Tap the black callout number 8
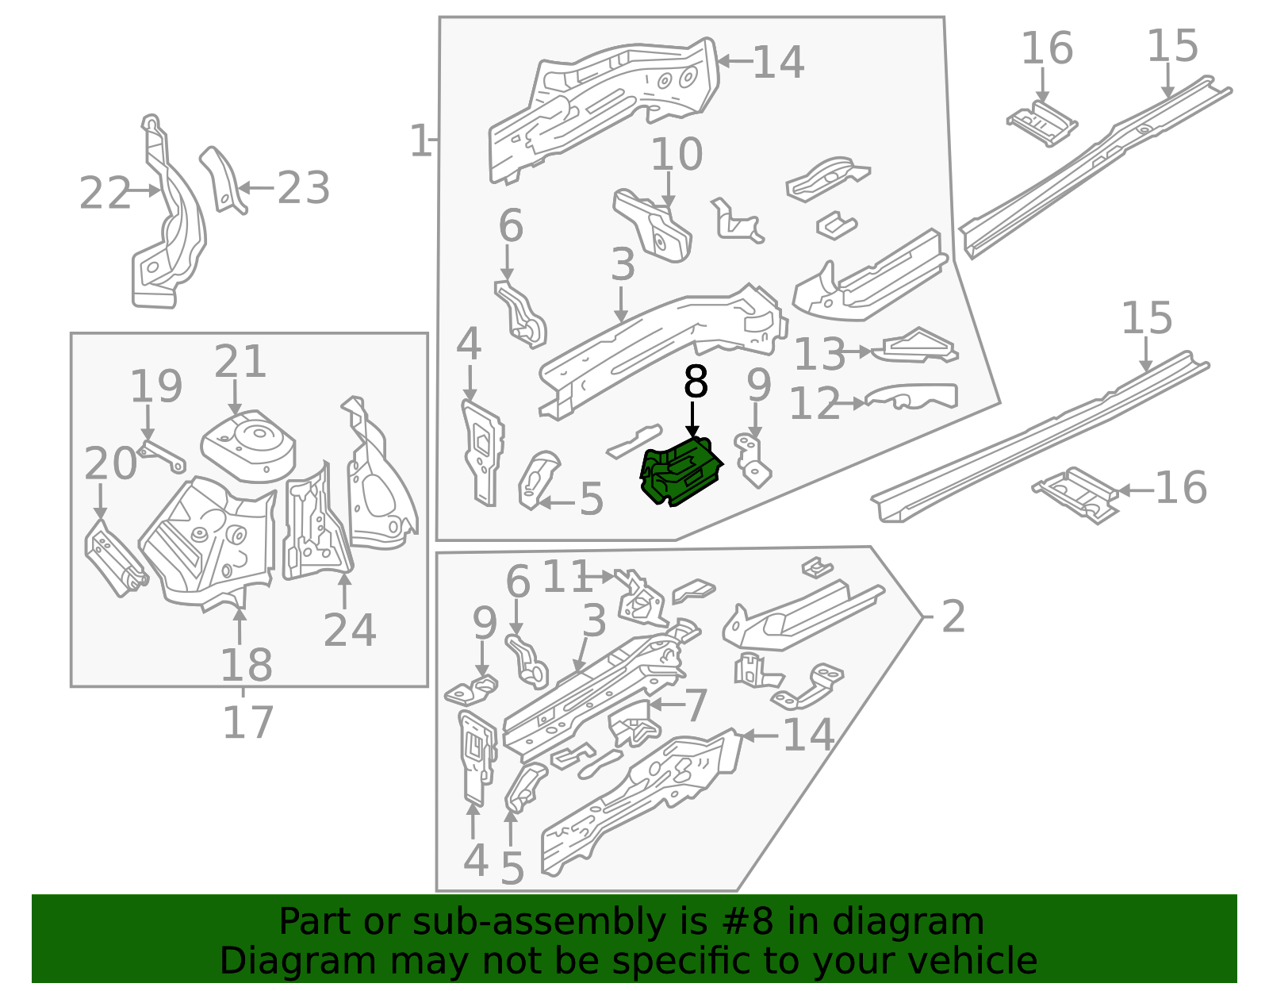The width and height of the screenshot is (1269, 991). [x=695, y=382]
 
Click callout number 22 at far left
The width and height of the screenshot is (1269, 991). [x=105, y=194]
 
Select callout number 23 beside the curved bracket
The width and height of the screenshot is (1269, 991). [x=304, y=189]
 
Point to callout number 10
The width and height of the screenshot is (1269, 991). [x=677, y=155]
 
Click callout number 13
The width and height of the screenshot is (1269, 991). [x=820, y=354]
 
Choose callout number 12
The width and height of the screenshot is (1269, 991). [x=815, y=404]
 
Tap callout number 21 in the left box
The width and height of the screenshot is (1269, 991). [x=240, y=362]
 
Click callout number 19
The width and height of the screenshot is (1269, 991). [x=156, y=387]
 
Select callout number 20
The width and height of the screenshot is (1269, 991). [x=110, y=463]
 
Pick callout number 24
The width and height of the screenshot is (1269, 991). [x=349, y=631]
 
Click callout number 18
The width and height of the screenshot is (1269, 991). [x=246, y=665]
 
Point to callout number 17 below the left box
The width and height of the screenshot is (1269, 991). [x=247, y=723]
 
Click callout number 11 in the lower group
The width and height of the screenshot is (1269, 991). [x=566, y=577]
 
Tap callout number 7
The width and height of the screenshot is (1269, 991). [x=696, y=705]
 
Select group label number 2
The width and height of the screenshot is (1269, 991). [x=953, y=616]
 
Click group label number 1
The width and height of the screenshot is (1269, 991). [x=420, y=141]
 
